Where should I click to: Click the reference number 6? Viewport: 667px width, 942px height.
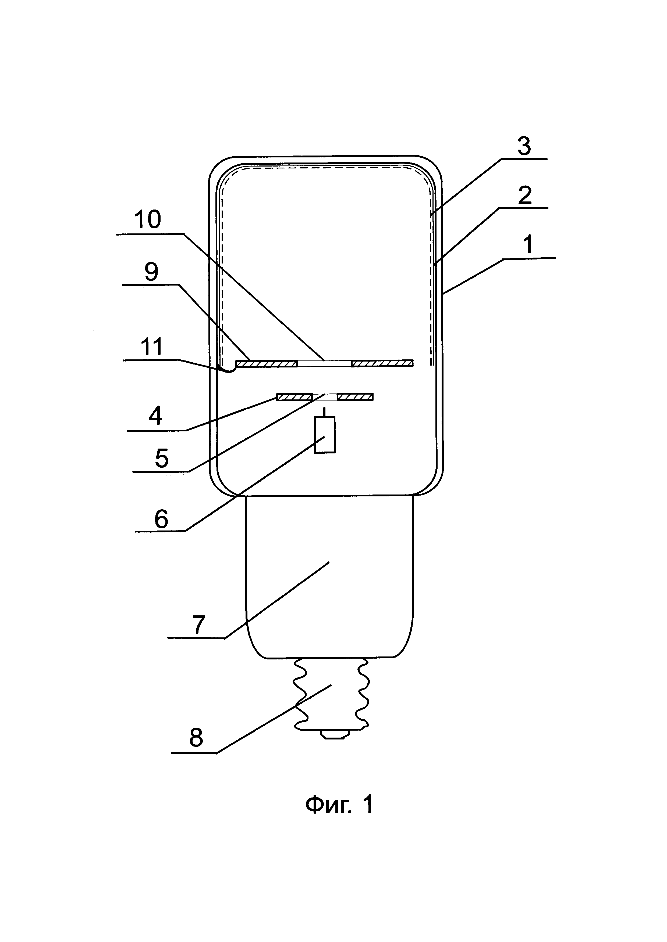click(x=161, y=519)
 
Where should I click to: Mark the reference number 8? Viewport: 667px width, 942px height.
click(x=196, y=738)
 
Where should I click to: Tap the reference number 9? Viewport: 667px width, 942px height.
click(x=151, y=271)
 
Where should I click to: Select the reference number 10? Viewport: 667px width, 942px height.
click(x=147, y=220)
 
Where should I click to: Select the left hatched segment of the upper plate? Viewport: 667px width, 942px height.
click(x=266, y=363)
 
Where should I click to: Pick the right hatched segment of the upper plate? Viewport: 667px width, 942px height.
click(x=382, y=363)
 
